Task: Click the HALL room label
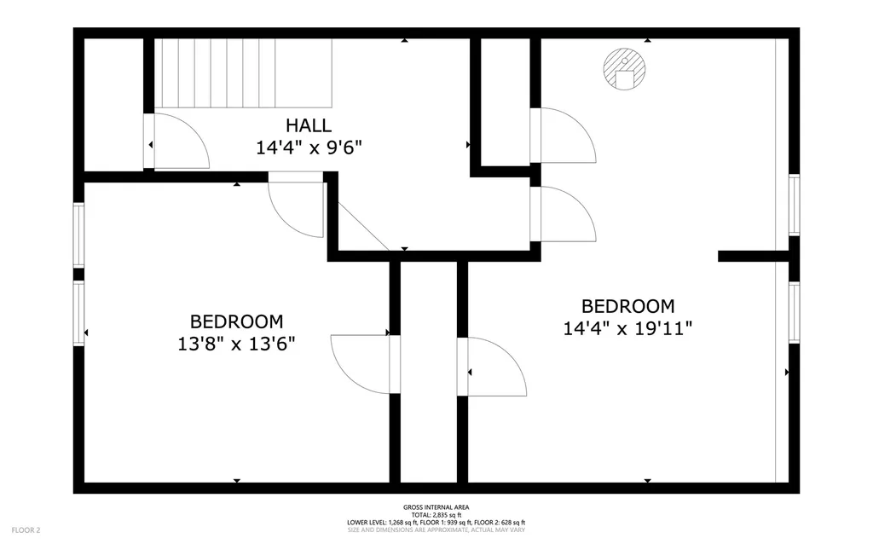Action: pyautogui.click(x=309, y=125)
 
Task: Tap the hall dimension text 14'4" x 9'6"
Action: pyautogui.click(x=309, y=148)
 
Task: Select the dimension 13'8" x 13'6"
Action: pyautogui.click(x=236, y=344)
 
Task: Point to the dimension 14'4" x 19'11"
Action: pyautogui.click(x=627, y=328)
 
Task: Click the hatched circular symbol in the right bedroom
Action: pyautogui.click(x=625, y=69)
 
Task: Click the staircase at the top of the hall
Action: pyautogui.click(x=243, y=73)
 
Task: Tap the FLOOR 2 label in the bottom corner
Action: pyautogui.click(x=26, y=530)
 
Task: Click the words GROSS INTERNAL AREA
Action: pyautogui.click(x=436, y=507)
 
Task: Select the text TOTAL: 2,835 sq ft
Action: pyautogui.click(x=436, y=515)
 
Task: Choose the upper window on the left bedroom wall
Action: pyautogui.click(x=78, y=235)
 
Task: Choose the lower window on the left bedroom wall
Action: pyautogui.click(x=78, y=314)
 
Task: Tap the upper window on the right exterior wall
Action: pyautogui.click(x=794, y=205)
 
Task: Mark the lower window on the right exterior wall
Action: pyautogui.click(x=794, y=312)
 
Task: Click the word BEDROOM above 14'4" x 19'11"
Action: pyautogui.click(x=628, y=306)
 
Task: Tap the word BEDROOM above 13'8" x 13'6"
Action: pyautogui.click(x=237, y=321)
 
